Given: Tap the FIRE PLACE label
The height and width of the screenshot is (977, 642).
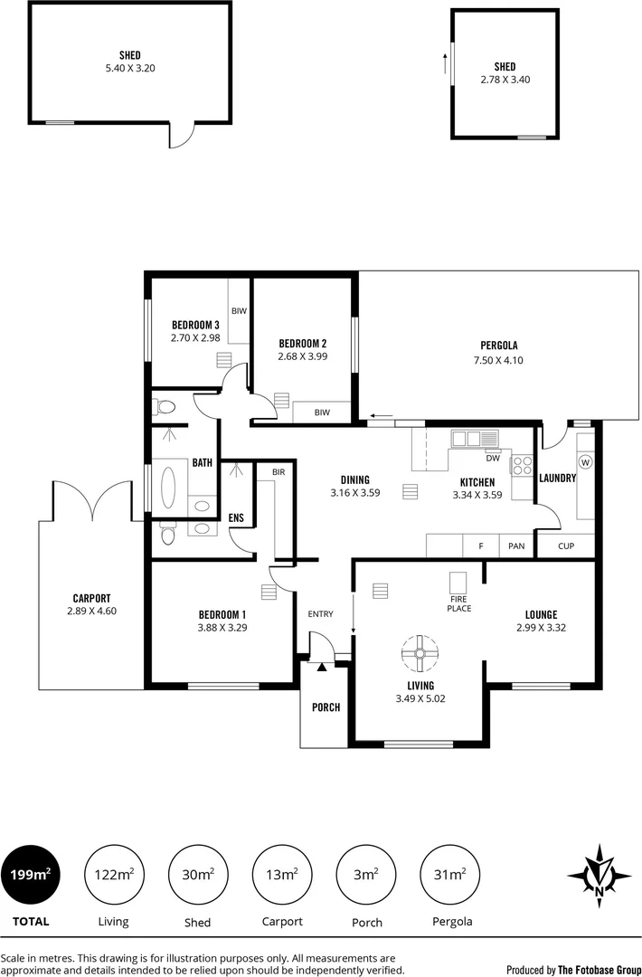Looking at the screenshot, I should (460, 603).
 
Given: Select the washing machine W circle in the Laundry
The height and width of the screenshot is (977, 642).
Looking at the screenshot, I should (585, 462).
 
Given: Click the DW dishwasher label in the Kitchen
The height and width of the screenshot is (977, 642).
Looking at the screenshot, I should (493, 457).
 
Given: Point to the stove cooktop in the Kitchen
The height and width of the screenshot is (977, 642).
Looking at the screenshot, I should (523, 465).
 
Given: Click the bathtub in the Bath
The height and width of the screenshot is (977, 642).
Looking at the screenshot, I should (169, 488).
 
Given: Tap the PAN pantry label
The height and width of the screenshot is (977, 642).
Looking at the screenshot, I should (516, 546).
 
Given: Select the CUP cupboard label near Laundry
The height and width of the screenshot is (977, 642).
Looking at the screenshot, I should (566, 546).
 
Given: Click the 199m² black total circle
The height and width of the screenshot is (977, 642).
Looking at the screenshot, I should (30, 874).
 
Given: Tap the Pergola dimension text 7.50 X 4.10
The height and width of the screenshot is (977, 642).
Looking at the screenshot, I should (499, 360).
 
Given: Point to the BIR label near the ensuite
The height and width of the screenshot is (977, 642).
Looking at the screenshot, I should (278, 470).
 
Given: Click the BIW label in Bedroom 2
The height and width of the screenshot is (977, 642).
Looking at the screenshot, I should (321, 413).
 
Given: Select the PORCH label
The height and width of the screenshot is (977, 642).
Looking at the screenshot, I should (325, 707).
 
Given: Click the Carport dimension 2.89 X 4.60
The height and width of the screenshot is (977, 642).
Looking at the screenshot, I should (91, 611).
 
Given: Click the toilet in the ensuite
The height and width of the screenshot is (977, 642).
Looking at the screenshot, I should (165, 536).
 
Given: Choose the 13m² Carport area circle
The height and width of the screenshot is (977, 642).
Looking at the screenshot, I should (282, 874).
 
